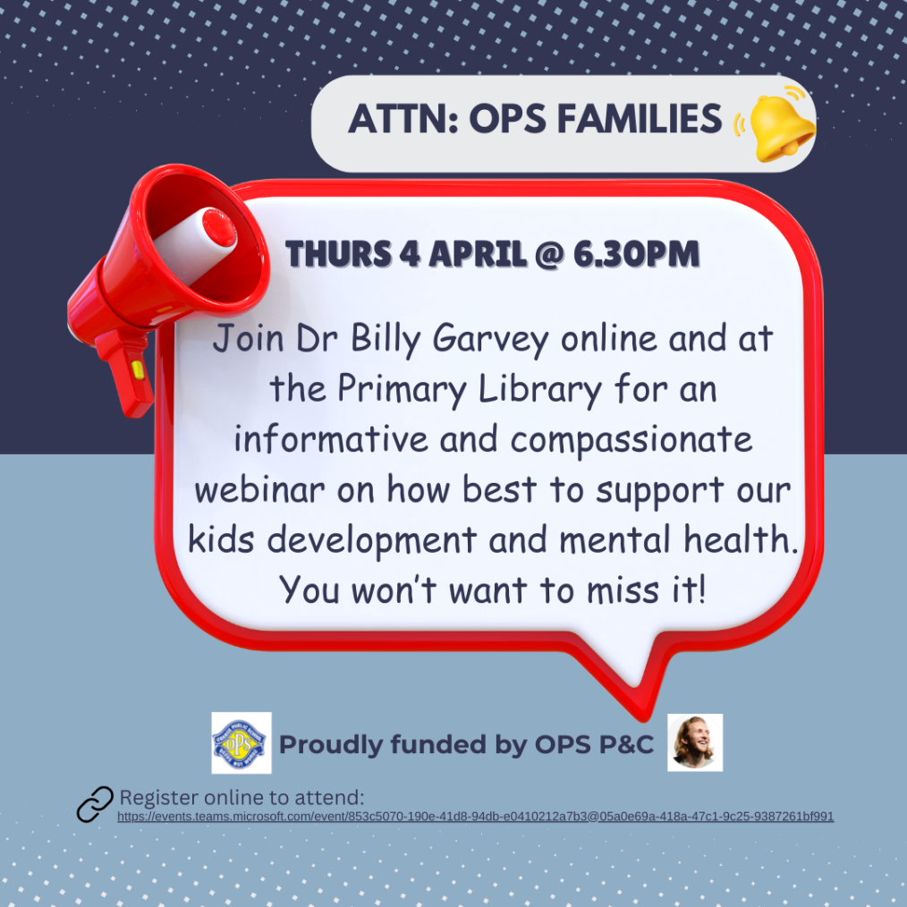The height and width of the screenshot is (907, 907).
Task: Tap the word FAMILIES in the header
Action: coord(640,119)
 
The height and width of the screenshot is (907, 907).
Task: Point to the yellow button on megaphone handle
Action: coord(138,369)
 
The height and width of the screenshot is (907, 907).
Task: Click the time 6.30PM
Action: coord(636,254)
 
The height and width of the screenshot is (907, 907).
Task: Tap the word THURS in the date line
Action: coord(338,254)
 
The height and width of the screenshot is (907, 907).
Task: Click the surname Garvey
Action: coord(490,340)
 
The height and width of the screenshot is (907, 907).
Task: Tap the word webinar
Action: coord(259,489)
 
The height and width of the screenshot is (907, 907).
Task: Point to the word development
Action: coord(372,541)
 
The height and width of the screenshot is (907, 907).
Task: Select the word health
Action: coord(741,539)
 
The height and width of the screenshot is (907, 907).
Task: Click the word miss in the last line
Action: coord(623,591)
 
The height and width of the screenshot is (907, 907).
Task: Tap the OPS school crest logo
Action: coord(242,742)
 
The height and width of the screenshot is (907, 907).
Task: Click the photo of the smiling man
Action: coord(695,742)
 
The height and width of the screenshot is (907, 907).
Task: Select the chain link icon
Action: coord(95,804)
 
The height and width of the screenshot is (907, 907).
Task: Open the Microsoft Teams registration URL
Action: coord(476,816)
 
